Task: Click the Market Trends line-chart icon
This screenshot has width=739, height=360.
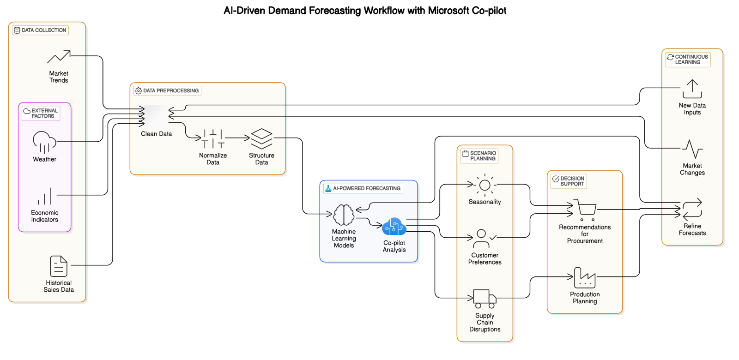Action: pyautogui.click(x=59, y=57)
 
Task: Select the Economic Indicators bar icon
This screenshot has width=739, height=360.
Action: pyautogui.click(x=45, y=196)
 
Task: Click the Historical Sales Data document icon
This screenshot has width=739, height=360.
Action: pyautogui.click(x=59, y=266)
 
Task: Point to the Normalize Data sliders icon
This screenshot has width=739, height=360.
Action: pyautogui.click(x=213, y=138)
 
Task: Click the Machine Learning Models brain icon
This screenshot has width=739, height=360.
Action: pyautogui.click(x=344, y=215)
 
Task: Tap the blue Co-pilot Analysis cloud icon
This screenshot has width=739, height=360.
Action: pyautogui.click(x=394, y=227)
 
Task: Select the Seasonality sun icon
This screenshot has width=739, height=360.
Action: pyautogui.click(x=485, y=185)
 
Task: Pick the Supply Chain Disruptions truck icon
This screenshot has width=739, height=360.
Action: pyautogui.click(x=485, y=299)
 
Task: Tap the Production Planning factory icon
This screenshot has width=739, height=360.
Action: pyautogui.click(x=585, y=277)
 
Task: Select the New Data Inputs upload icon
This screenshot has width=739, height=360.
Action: pyautogui.click(x=692, y=89)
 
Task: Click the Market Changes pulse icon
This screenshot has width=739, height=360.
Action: pyautogui.click(x=692, y=149)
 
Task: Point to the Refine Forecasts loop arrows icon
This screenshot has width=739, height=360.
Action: pyautogui.click(x=692, y=209)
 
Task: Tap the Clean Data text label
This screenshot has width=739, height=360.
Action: pyautogui.click(x=156, y=134)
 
